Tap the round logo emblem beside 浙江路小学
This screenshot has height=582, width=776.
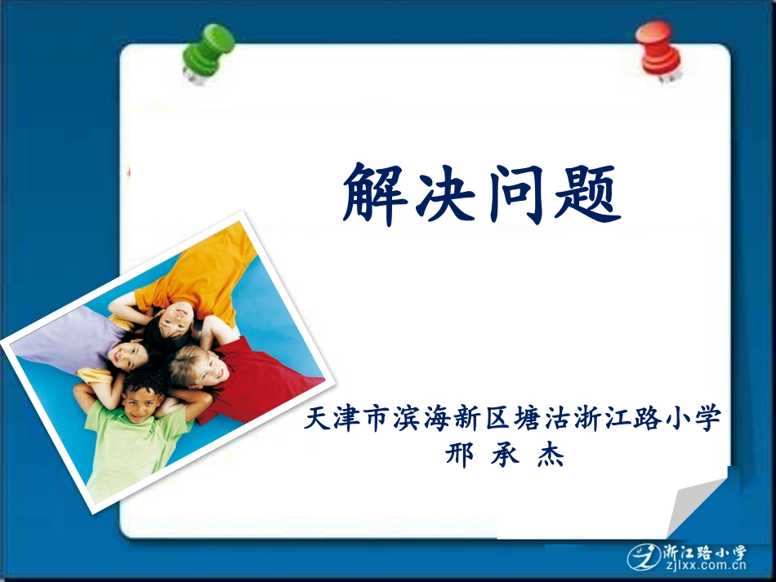[x=644, y=557]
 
